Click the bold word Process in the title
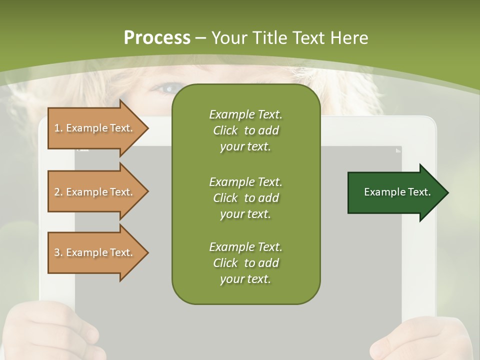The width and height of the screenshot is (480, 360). (157, 38)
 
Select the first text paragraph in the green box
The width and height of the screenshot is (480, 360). (245, 130)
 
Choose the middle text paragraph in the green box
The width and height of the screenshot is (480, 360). (245, 198)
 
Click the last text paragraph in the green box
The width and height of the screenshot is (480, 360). (245, 263)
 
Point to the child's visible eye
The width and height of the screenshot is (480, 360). (167, 89)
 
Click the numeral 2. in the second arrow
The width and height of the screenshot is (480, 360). (58, 192)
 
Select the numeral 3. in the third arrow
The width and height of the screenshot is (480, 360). (58, 252)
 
